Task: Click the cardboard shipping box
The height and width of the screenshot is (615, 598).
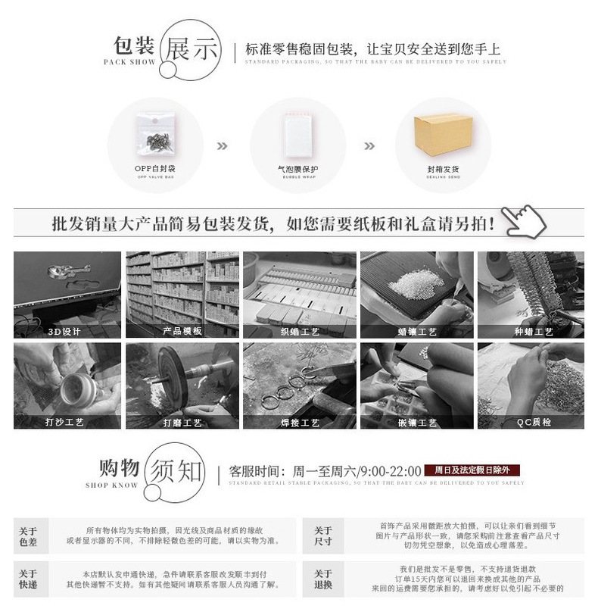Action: (443, 138)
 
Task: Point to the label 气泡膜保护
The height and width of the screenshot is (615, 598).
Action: (297, 170)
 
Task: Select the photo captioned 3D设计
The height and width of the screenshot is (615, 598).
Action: (67, 294)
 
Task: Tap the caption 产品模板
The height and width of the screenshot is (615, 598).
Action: (182, 332)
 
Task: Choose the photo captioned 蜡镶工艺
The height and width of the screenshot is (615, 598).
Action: (416, 294)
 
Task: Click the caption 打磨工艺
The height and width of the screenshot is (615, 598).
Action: (182, 423)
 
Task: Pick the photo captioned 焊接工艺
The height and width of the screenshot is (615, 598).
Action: (299, 386)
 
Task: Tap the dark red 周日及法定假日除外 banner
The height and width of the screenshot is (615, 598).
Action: (473, 470)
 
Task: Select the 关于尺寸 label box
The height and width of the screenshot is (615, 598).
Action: (323, 536)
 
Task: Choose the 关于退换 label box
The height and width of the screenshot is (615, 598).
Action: (323, 579)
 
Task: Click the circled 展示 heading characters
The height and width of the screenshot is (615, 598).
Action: (192, 48)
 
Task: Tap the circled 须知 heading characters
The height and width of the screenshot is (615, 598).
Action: (176, 472)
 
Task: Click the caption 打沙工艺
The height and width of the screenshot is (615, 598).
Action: (67, 423)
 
